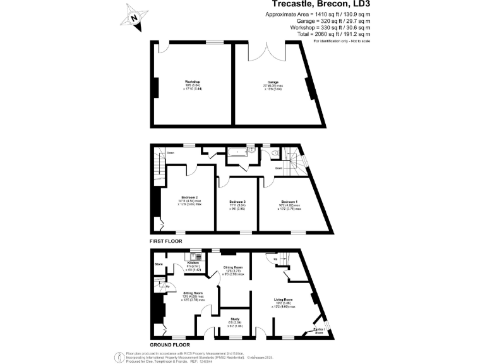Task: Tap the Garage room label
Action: pos(273,83)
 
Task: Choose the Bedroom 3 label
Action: pos(237,202)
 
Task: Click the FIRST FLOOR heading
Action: pos(166,241)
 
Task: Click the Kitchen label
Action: pos(193,262)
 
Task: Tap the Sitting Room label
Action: pos(193,293)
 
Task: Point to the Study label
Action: pos(234,319)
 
